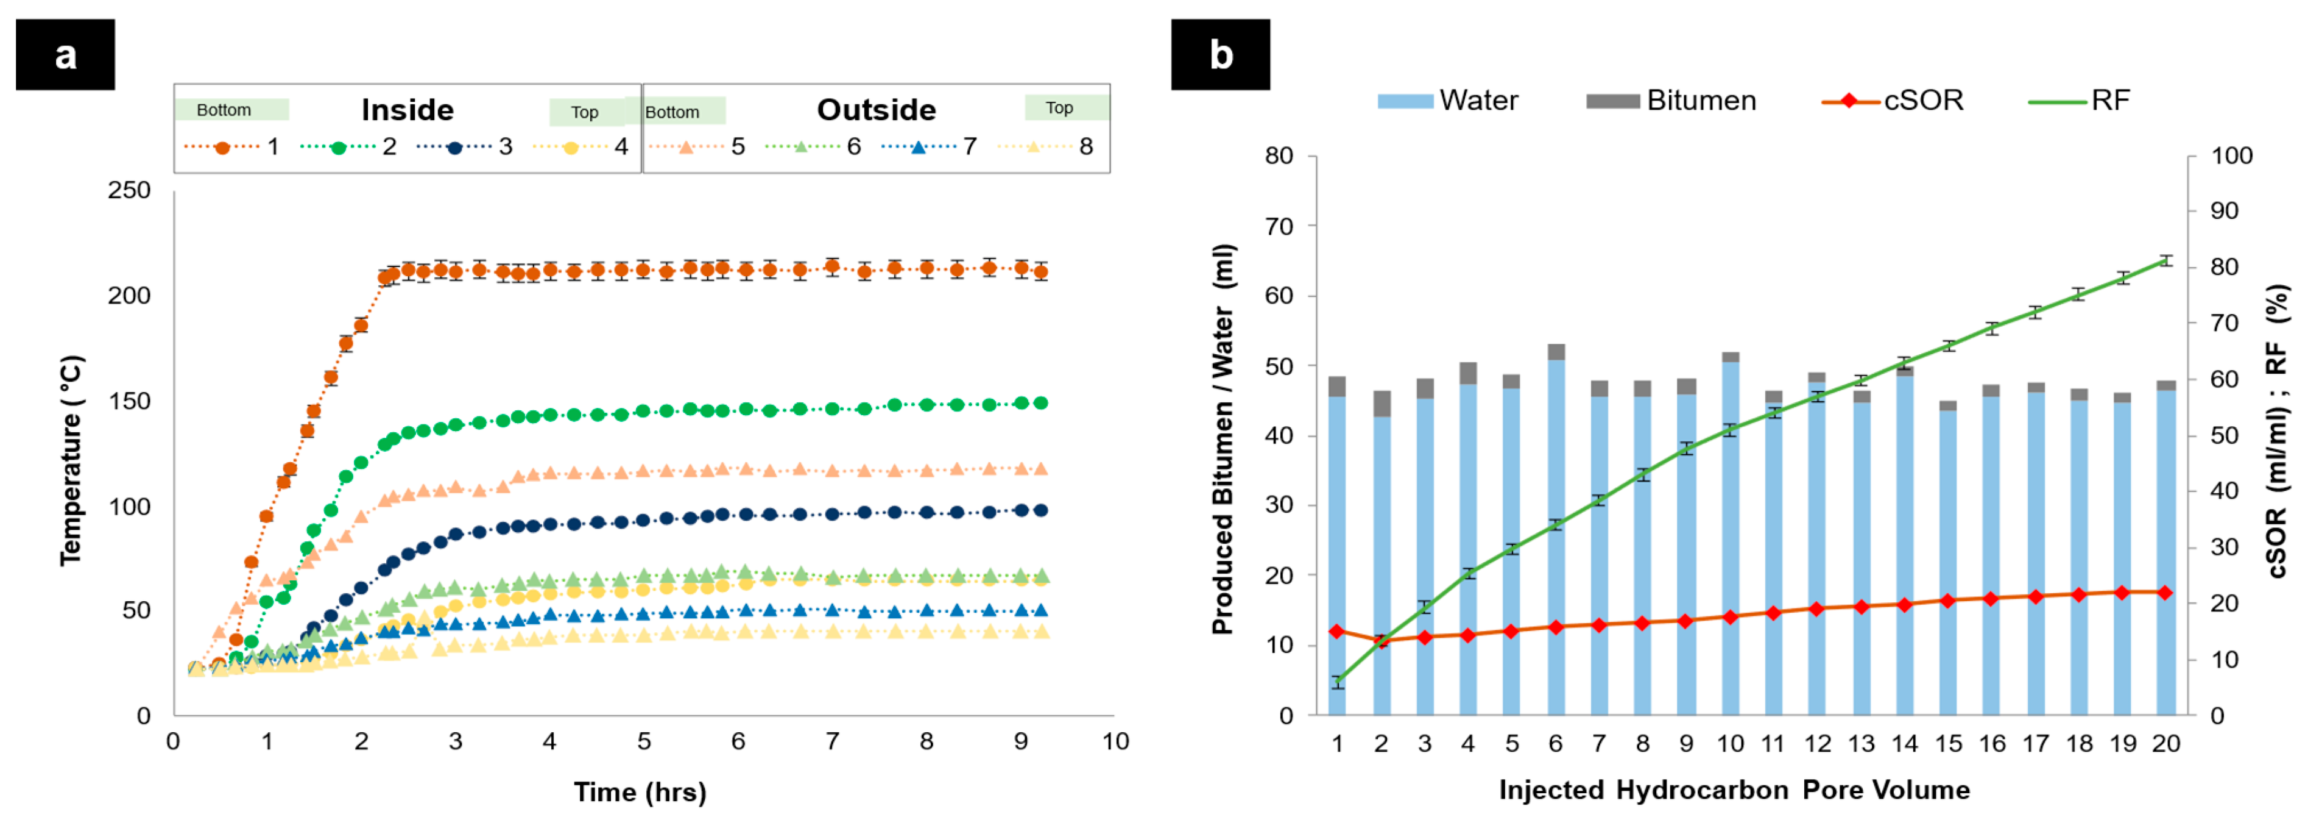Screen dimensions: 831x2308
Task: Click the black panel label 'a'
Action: (65, 55)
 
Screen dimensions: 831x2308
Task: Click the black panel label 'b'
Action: (1219, 55)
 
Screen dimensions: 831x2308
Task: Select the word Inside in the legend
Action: (408, 109)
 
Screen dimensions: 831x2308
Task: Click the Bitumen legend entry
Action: (1670, 101)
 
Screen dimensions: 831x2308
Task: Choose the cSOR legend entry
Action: (1893, 101)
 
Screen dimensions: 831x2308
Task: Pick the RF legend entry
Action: (2078, 101)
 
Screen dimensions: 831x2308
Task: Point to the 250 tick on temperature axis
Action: (129, 190)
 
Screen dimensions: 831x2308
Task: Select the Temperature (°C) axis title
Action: (72, 461)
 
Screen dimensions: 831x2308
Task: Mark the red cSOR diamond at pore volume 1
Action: (1337, 631)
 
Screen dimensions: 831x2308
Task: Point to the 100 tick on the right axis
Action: (2232, 156)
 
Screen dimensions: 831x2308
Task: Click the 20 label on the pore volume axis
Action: (2165, 743)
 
